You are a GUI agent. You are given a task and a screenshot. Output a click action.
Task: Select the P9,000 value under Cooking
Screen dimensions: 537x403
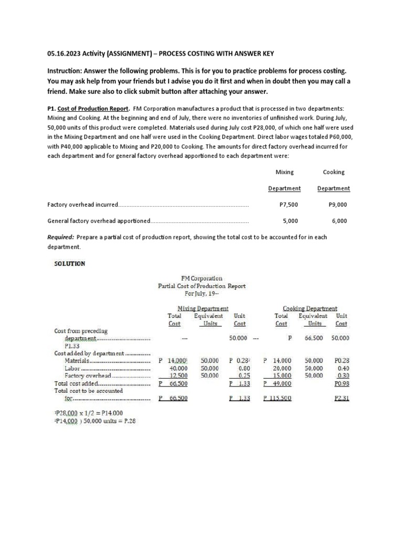coord(337,205)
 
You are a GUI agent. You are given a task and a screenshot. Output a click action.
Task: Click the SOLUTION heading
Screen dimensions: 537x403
coord(70,263)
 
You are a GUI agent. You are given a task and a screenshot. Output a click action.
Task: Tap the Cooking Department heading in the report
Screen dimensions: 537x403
coord(310,309)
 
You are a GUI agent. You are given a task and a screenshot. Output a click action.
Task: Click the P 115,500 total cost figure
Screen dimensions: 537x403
coord(277,399)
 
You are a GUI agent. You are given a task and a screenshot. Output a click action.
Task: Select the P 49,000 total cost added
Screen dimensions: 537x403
coord(277,383)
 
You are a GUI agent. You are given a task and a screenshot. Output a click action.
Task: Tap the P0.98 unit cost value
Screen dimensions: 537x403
coord(342,383)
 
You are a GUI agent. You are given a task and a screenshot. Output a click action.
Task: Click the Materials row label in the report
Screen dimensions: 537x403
coord(77,361)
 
